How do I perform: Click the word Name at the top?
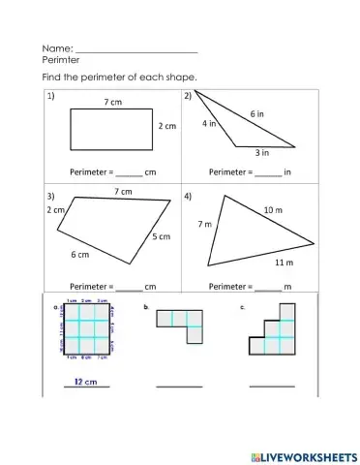(56, 46)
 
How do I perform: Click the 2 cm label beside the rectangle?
(167, 126)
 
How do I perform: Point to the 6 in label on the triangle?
(257, 113)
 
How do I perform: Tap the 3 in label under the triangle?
(261, 152)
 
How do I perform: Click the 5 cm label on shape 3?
(160, 235)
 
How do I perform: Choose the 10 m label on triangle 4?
(273, 208)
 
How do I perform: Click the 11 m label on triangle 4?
(284, 263)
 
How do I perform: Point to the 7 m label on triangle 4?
(204, 224)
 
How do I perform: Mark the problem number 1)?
(49, 96)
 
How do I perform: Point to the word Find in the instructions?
(53, 77)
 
